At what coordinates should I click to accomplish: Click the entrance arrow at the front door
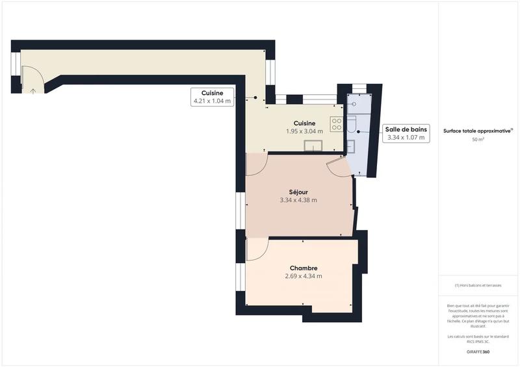[32, 90]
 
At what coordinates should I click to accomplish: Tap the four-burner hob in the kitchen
[336, 123]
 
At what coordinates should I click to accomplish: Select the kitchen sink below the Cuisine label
[315, 145]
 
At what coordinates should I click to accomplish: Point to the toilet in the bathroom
[352, 125]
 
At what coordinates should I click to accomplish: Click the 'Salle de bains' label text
[406, 129]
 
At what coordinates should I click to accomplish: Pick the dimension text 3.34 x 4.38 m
[298, 200]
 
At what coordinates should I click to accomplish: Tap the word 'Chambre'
[304, 268]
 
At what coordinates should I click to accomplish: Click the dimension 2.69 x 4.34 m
[304, 276]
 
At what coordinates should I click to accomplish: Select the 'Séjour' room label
[298, 192]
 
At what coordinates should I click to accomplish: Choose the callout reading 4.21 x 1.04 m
[212, 101]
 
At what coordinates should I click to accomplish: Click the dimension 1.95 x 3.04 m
[304, 131]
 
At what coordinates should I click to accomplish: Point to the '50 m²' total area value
[478, 140]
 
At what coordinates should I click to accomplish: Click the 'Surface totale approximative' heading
[477, 131]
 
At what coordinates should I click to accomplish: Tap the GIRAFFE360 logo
[478, 351]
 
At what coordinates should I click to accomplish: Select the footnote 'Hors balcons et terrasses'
[478, 285]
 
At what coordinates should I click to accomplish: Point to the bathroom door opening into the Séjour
[340, 167]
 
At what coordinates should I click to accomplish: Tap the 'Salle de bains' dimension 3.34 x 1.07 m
[406, 138]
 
